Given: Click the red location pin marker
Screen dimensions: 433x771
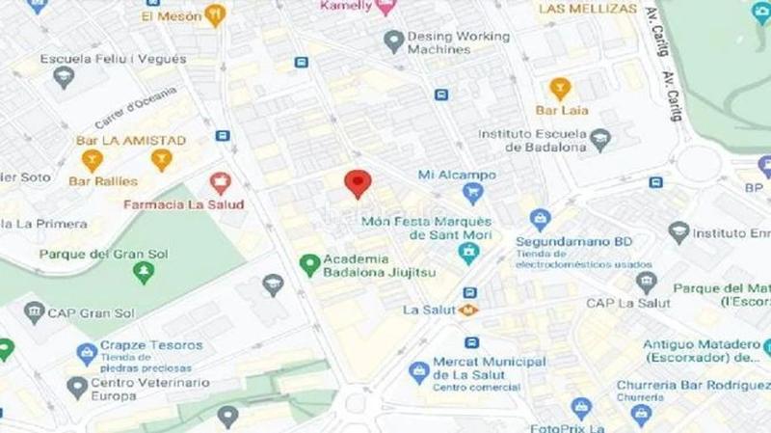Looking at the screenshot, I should (x=359, y=182).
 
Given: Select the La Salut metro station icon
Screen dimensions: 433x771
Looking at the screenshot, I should (x=469, y=310).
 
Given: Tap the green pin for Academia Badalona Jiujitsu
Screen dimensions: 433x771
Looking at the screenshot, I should (x=309, y=263).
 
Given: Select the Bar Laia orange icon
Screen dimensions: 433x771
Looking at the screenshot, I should (x=560, y=88).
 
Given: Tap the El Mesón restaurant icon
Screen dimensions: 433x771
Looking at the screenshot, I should (x=215, y=15).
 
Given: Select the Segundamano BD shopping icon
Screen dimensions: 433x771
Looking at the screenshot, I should (x=540, y=220).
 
